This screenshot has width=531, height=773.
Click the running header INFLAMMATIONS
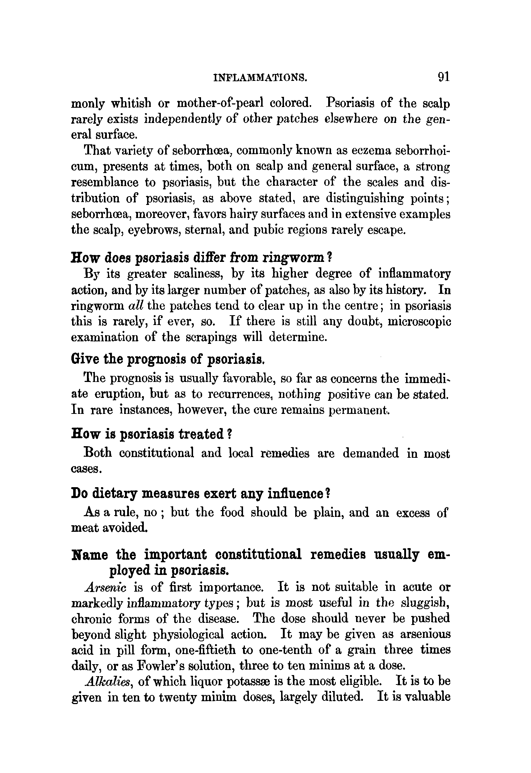click(x=260, y=78)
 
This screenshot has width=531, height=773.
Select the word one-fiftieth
click(x=205, y=650)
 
